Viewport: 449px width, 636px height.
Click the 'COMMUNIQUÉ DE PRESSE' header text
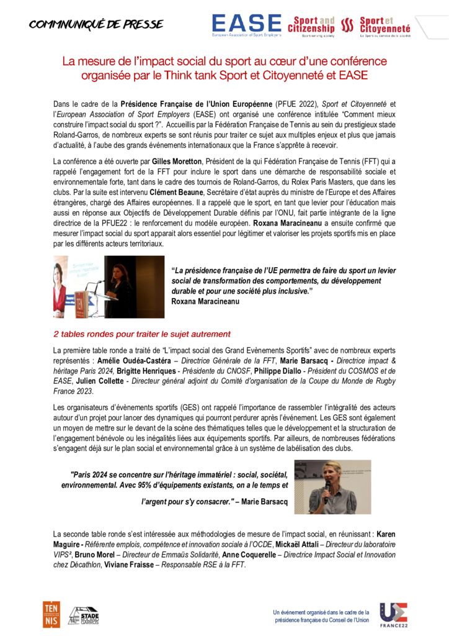[x=96, y=25]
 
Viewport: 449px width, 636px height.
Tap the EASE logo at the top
[x=246, y=25]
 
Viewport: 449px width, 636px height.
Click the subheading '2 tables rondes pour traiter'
[x=142, y=334]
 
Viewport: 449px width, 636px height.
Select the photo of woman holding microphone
[x=332, y=487]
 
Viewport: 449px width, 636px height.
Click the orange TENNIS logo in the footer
[x=51, y=614]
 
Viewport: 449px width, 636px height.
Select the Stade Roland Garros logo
[x=83, y=615]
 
